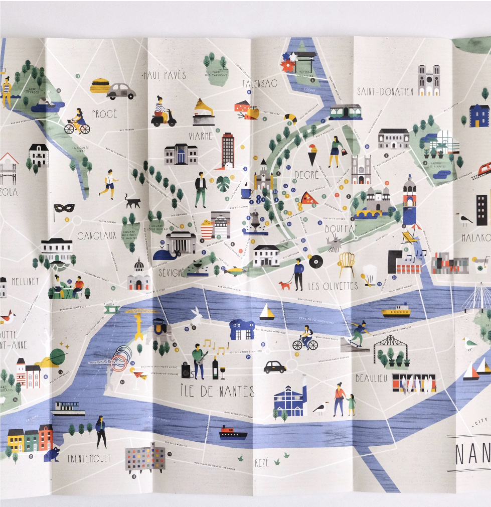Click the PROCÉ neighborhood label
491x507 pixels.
coord(104,114)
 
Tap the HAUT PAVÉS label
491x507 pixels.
coord(165,75)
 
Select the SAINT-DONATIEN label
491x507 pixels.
coord(385,91)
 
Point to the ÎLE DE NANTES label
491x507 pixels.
coord(217,391)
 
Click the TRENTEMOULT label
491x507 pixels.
coord(89,458)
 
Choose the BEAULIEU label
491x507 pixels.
coord(371,378)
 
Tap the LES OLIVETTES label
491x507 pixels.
coord(333,286)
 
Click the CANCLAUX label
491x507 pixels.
coord(97,235)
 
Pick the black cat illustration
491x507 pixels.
coord(133,202)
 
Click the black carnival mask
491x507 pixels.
coord(64,208)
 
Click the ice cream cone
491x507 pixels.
coord(313,154)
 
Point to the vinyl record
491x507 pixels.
coord(315,262)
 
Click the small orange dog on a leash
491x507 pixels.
coord(285,285)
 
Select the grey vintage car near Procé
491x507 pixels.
coord(121,91)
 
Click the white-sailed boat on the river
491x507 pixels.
coord(267,312)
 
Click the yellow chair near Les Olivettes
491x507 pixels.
coord(346,264)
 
